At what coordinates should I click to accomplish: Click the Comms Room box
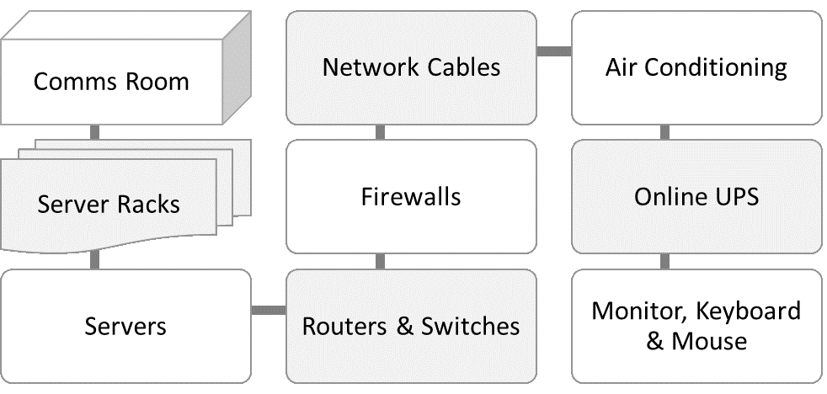[x=111, y=83]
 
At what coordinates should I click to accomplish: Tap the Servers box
[x=125, y=326]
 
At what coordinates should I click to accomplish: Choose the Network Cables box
[x=411, y=67]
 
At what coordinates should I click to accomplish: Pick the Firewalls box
[x=411, y=197]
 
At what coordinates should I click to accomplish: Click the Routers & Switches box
[x=411, y=326]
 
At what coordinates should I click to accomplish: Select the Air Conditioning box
[x=696, y=67]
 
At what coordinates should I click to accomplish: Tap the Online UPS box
[x=696, y=197]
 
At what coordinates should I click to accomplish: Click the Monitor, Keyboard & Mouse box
[x=696, y=326]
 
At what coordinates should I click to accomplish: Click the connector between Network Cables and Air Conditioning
[x=554, y=52]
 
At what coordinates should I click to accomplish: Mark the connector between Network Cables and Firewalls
[x=380, y=132]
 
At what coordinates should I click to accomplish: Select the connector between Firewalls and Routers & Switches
[x=380, y=261]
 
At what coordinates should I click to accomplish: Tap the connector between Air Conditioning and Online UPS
[x=665, y=132]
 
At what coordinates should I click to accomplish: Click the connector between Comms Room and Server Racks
[x=94, y=132]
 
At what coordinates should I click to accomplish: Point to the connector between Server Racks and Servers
[x=94, y=261]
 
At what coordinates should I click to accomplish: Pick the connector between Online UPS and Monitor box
[x=665, y=261]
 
